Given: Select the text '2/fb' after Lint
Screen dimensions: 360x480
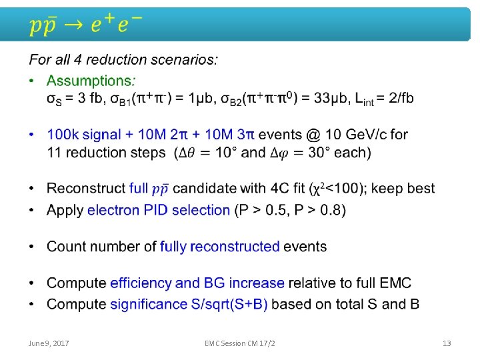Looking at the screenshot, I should [399, 99].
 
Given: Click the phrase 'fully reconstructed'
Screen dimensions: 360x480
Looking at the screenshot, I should [219, 247].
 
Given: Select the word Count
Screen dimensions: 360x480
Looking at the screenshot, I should [66, 247].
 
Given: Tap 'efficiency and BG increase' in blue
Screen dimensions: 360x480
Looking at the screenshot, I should [197, 283].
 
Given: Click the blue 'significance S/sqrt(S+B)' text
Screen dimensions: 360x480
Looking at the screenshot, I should [189, 305].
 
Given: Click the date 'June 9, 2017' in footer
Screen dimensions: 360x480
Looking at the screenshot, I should [49, 343].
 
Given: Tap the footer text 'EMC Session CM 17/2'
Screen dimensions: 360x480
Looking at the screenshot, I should [240, 343].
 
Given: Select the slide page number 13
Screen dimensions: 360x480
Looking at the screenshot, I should [447, 343].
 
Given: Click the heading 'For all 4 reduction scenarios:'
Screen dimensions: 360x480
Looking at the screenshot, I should [123, 60].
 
